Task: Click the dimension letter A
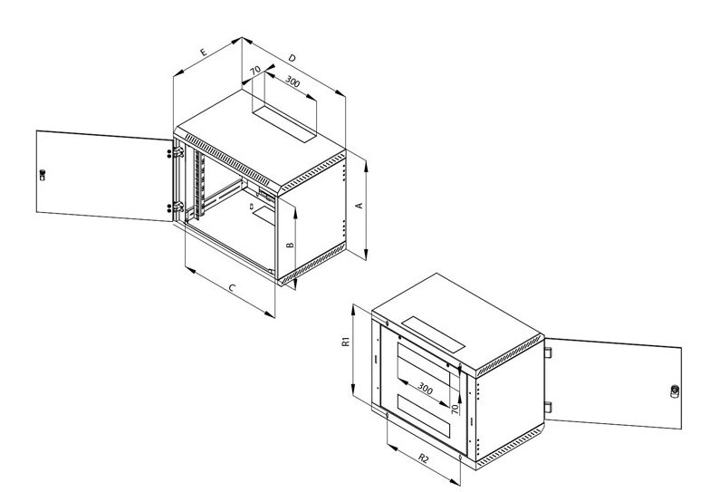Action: pos(360,205)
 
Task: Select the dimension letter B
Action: pos(290,245)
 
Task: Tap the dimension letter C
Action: pos(232,288)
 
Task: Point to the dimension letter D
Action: pos(292,58)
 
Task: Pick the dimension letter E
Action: pos(204,52)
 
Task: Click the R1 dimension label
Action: pos(346,342)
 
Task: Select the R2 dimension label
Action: pos(423,458)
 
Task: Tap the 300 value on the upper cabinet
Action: pos(292,82)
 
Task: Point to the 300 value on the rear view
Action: pos(425,389)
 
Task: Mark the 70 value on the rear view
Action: pos(455,409)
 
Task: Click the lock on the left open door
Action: pos(43,175)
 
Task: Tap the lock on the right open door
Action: pos(675,391)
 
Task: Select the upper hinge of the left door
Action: pos(177,152)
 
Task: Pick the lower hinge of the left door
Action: pos(177,207)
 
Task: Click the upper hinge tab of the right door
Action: pos(548,352)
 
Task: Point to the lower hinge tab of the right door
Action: pos(548,407)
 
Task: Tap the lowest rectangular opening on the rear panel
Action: pos(424,415)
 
